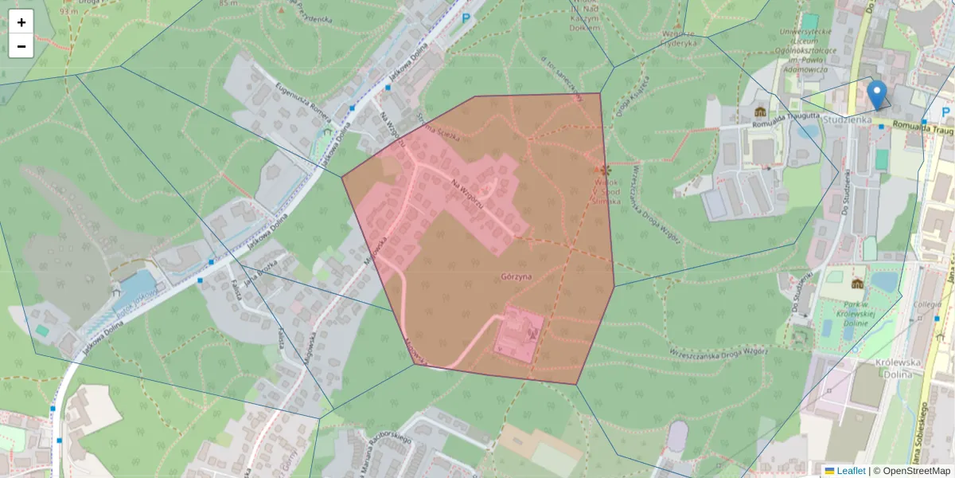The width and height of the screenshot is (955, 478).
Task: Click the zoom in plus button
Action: tap(21, 22)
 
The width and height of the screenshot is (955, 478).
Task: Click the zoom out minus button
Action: tap(21, 46)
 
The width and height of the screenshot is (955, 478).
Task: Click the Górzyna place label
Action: tap(516, 277)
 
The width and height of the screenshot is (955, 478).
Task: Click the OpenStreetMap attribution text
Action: tap(911, 471)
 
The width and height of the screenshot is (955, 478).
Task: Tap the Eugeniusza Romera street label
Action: tap(302, 104)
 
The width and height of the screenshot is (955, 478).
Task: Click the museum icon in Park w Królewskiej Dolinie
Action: tap(857, 284)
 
